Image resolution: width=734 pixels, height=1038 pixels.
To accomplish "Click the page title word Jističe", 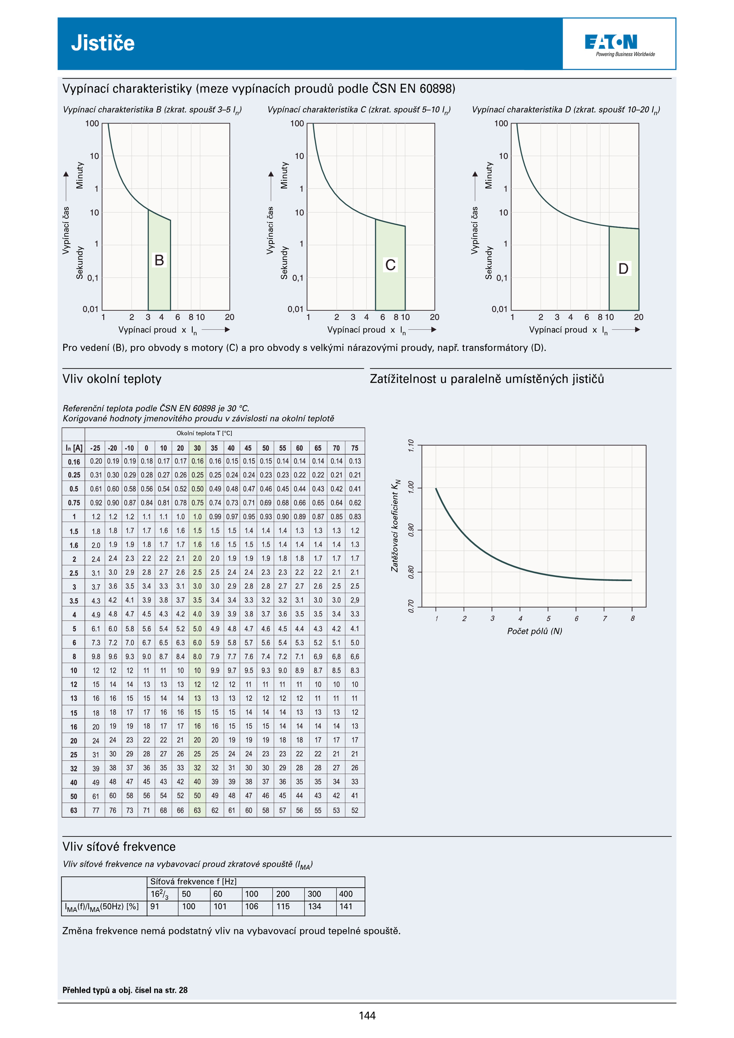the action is coord(103,43).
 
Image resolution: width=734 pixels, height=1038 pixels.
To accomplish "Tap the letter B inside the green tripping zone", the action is coord(159,260).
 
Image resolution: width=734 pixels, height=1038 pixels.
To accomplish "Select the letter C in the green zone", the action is coord(390,265).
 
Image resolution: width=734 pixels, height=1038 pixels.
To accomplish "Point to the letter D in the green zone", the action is coord(623,268).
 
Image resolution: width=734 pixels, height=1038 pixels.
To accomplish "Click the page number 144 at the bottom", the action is coord(367,1016).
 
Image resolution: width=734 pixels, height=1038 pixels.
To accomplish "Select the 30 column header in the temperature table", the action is coord(197,448).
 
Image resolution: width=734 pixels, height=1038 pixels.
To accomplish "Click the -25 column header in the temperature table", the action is coord(95,448).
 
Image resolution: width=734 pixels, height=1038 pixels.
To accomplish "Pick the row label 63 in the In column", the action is coord(74,810).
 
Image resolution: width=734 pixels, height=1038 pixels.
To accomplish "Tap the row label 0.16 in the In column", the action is coord(74,462).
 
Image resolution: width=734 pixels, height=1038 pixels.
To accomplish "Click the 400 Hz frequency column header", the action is coord(346,894).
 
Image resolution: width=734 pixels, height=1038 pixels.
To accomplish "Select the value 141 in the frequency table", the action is coord(346,906).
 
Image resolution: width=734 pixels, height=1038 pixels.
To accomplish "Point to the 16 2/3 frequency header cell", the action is coord(160,894).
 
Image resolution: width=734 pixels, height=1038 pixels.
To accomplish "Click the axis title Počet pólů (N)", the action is coord(534,631).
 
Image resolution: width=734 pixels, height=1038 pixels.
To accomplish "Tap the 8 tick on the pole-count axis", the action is coord(632,618).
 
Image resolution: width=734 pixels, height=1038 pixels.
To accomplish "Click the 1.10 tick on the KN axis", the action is coord(411,445).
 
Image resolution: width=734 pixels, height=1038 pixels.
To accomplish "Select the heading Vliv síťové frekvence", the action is coord(119,846).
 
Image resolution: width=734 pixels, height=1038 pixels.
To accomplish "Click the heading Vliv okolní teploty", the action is coord(112,379).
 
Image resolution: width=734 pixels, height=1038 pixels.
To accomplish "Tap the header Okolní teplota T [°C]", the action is coord(204,433).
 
